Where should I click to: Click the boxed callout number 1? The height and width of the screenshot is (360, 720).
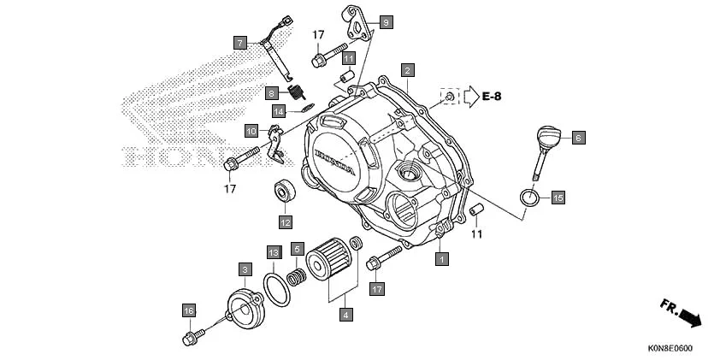pos(441,257)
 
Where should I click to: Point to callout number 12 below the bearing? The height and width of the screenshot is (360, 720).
pos(285,222)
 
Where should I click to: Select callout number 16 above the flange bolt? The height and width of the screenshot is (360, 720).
pos(189,309)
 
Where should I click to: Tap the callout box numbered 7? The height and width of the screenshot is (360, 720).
pos(240,42)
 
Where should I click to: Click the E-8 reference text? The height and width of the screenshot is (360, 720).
pos(491,96)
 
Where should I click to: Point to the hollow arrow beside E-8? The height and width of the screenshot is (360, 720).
pos(469,96)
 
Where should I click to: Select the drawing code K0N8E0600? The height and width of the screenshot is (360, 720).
pos(670,348)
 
